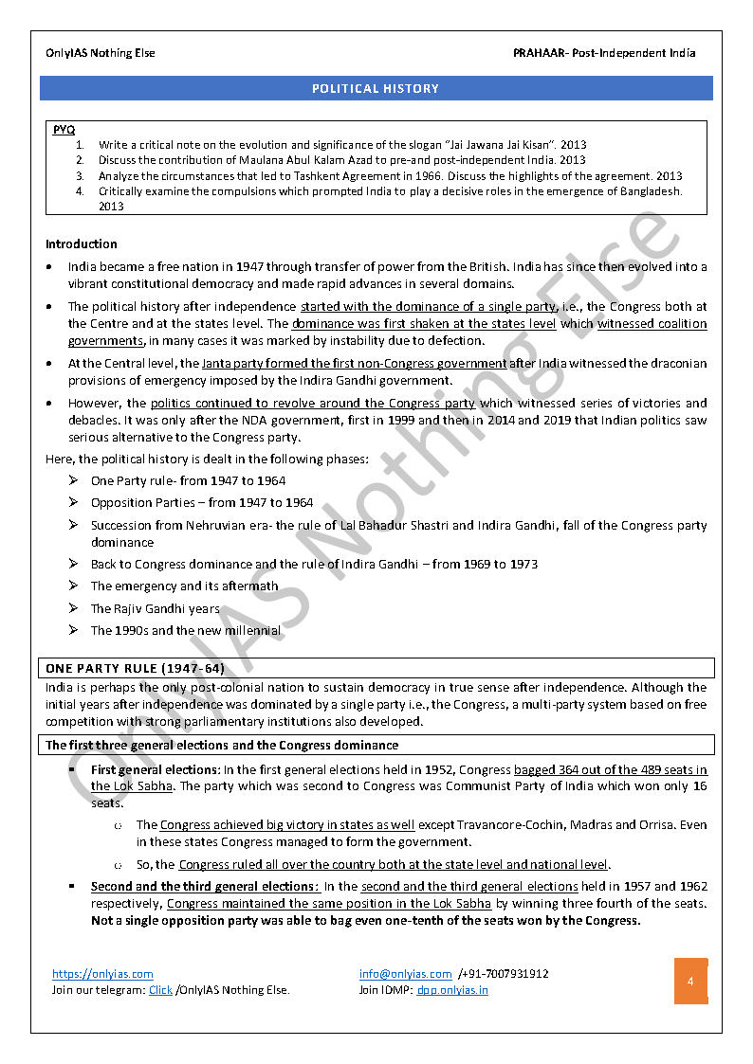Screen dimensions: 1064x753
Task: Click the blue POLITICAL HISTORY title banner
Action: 376,88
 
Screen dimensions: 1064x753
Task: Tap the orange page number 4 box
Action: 690,982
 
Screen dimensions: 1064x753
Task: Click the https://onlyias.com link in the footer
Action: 102,973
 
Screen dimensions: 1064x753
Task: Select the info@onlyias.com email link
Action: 405,973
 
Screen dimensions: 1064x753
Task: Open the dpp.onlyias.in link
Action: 452,990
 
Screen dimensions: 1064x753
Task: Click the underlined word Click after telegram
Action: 160,990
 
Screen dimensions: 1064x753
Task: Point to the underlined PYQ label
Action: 64,129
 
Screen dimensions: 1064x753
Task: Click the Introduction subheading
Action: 82,243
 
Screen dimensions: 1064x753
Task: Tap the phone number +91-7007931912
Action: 504,973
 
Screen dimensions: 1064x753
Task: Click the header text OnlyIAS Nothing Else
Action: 101,53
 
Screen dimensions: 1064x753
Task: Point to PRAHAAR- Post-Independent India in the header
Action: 604,53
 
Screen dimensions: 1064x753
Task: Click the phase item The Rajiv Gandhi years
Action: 155,608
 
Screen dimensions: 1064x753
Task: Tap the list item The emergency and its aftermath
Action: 184,586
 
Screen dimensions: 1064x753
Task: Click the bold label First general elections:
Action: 156,769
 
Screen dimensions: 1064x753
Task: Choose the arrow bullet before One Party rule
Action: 73,480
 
